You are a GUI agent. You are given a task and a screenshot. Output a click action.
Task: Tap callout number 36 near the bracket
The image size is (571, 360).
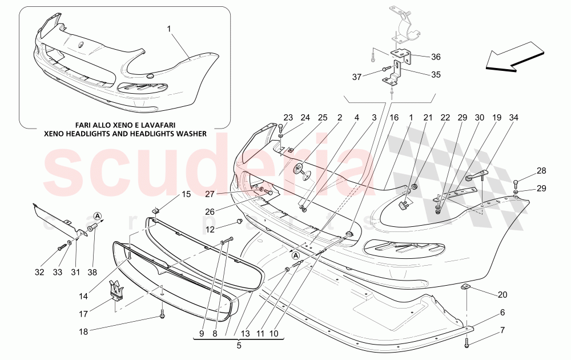tap(436, 57)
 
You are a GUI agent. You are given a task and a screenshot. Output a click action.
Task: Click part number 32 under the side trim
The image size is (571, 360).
tap(39, 273)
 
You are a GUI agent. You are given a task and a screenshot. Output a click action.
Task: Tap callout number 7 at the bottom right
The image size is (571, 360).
tap(502, 331)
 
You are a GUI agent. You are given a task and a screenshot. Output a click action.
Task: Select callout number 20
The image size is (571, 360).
tap(502, 295)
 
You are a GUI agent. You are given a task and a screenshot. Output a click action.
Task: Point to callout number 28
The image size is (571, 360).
tap(541, 171)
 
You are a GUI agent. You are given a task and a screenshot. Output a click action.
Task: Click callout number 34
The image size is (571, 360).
tap(514, 118)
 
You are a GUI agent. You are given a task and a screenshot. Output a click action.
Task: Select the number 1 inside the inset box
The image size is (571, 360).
tap(169, 28)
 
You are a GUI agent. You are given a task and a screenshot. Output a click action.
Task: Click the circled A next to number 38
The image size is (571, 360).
tap(98, 215)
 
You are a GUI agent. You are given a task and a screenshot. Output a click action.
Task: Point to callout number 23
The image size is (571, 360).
tap(287, 118)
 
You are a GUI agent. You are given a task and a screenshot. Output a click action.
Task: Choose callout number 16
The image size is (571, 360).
tap(394, 118)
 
